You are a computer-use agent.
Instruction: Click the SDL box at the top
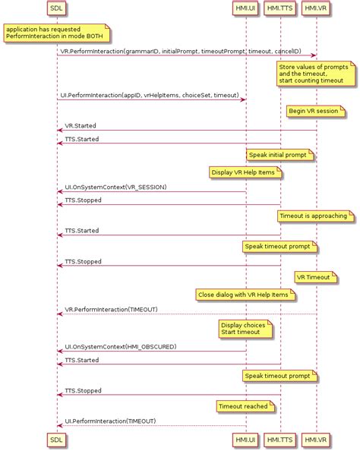tap(56, 8)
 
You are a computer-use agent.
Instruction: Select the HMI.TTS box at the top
tap(281, 8)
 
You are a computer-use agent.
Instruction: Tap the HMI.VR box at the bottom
tap(316, 439)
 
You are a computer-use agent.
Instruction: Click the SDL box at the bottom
tap(56, 439)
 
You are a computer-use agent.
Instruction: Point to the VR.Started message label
tap(80, 125)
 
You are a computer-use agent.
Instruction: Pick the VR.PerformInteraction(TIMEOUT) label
tap(111, 310)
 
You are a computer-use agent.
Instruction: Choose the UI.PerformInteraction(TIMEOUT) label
tap(110, 421)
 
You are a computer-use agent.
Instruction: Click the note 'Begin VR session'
tap(317, 111)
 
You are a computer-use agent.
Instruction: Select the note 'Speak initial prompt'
tap(279, 155)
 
